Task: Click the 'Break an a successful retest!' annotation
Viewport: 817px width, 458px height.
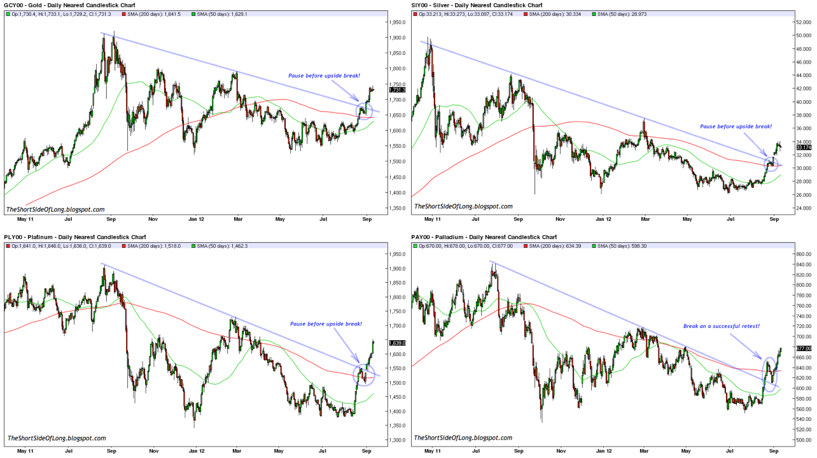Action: pos(722,326)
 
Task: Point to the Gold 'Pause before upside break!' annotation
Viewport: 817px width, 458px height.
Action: pos(324,75)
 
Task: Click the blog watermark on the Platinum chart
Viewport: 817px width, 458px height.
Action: pos(56,438)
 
